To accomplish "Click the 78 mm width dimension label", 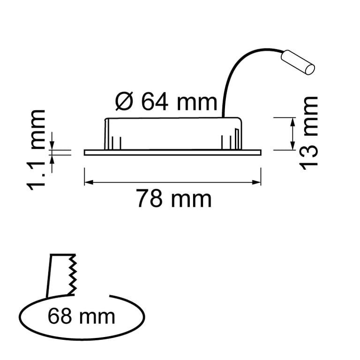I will (174, 199).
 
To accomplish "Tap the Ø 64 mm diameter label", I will (166, 101).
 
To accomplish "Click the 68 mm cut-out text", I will (81, 316).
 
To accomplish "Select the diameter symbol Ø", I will (124, 101).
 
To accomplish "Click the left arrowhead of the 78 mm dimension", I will (87, 182).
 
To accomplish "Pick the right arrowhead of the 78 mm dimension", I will (257, 182).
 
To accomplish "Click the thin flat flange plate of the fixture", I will (172, 152).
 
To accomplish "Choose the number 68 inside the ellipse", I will (60, 316).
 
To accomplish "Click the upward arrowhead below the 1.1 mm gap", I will (52, 158).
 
